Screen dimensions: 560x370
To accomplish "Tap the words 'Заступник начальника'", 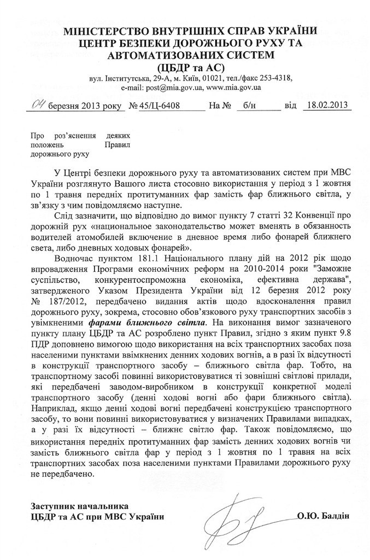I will coord(78,505).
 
